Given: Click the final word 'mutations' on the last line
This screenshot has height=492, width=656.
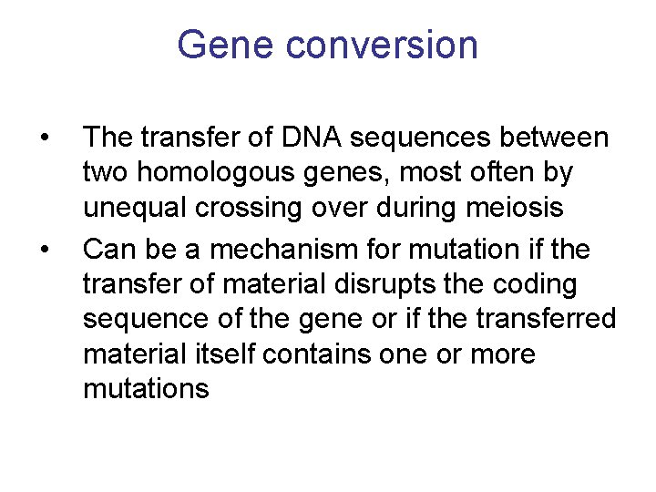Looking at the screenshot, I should [146, 389].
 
